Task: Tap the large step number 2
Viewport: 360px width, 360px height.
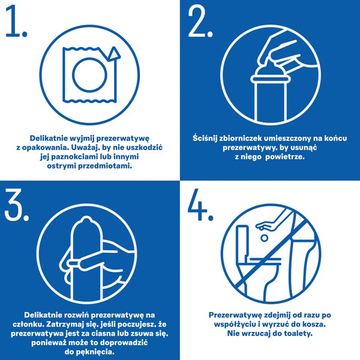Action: (x=200, y=22)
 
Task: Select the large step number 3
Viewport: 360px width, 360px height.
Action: (x=16, y=205)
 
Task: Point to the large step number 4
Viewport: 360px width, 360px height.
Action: (x=200, y=205)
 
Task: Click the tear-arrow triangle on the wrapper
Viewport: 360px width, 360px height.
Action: (x=113, y=54)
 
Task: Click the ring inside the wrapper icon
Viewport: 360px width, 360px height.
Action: (x=89, y=75)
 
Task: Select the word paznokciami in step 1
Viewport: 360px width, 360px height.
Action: (x=74, y=157)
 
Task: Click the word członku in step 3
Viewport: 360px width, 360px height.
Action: (x=27, y=324)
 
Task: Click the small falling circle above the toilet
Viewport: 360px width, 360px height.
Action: (x=264, y=238)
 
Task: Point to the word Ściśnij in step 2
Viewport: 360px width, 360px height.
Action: (x=205, y=138)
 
